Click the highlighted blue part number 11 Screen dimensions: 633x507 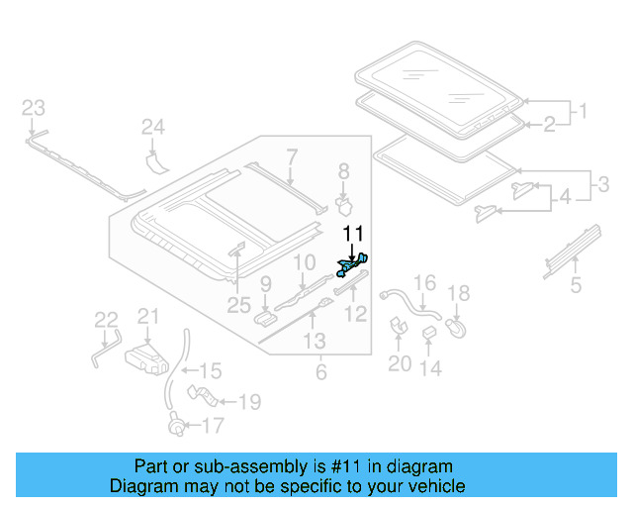pos(352,265)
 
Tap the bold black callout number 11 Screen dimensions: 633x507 pos(353,234)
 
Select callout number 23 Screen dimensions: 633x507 pos(33,108)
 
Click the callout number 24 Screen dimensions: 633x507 pos(153,127)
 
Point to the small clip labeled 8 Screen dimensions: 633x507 pos(344,205)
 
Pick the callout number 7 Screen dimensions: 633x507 pos(292,157)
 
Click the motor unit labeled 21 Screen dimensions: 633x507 pos(146,359)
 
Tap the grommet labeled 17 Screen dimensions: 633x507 pos(178,424)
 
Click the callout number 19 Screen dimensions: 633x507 pos(250,402)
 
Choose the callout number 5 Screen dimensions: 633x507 pos(576,285)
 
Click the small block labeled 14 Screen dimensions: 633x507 pos(428,333)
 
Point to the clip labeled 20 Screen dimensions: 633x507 pos(398,326)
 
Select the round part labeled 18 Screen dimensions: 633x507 pos(456,328)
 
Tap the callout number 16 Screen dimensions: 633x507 pos(424,282)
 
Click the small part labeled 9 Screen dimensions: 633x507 pos(265,318)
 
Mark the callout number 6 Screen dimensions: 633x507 pos(320,372)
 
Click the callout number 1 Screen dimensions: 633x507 pos(583,111)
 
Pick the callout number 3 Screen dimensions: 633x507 pos(603,184)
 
